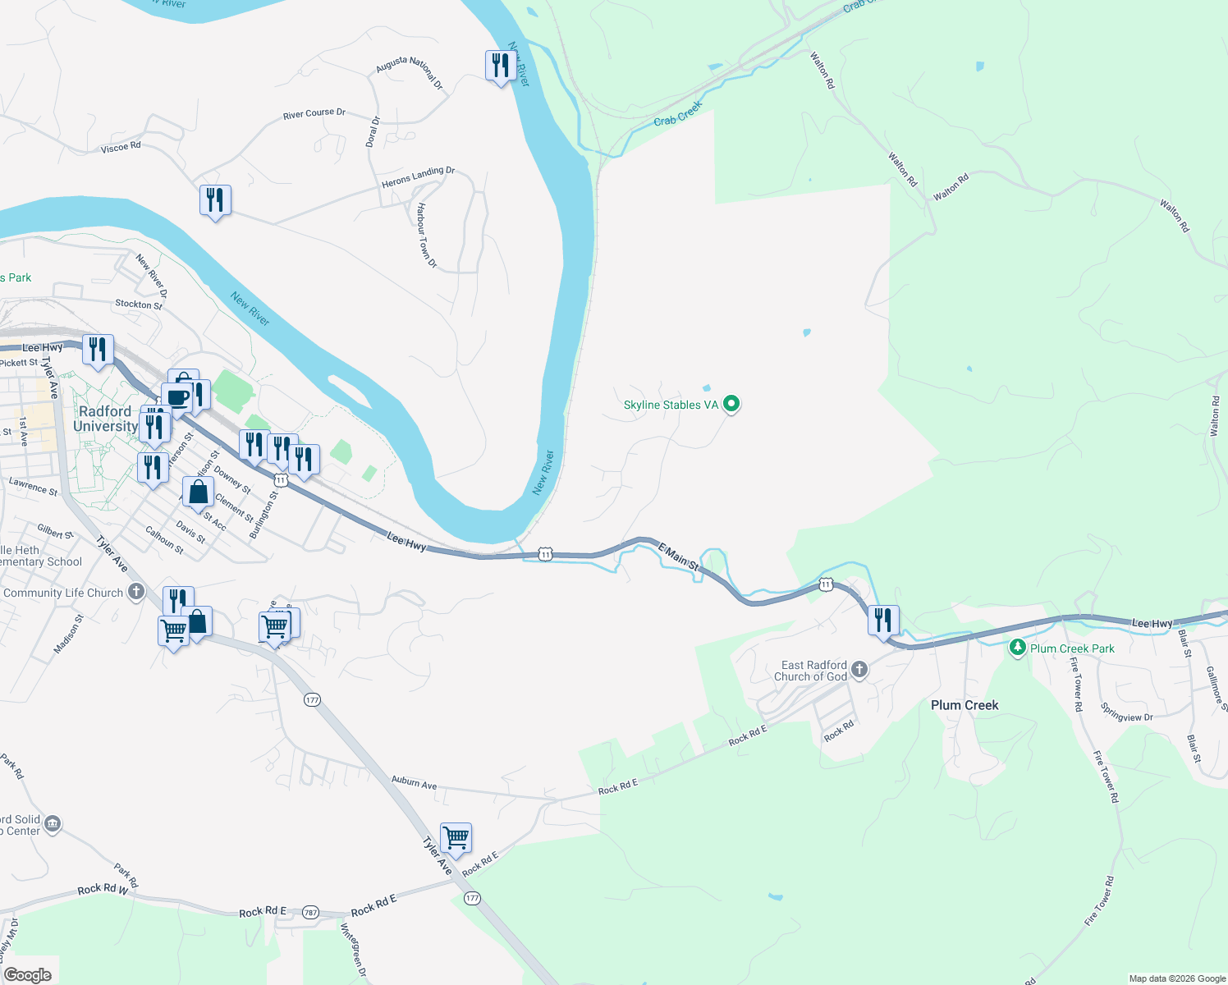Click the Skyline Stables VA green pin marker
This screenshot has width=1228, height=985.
click(x=731, y=404)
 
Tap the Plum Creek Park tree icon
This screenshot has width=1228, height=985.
click(x=1018, y=648)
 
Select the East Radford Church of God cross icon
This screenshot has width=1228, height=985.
click(x=859, y=670)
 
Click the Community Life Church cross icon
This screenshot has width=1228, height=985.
click(x=136, y=592)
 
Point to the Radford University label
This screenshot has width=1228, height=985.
click(x=105, y=419)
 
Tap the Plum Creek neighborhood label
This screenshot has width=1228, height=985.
click(x=965, y=705)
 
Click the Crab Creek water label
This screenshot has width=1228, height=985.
click(x=678, y=114)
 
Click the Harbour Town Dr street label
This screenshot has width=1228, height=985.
click(x=426, y=236)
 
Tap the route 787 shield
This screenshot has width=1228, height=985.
click(x=309, y=912)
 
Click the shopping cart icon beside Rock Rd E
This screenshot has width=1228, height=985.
click(x=456, y=838)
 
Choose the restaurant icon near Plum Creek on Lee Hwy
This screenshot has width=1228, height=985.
click(x=883, y=620)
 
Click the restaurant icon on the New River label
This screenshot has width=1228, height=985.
click(x=501, y=65)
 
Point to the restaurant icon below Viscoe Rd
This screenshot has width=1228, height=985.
click(x=215, y=199)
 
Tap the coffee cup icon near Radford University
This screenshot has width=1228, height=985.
click(x=177, y=398)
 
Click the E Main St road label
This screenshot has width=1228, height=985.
click(x=678, y=556)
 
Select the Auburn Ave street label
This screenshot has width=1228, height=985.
click(x=414, y=782)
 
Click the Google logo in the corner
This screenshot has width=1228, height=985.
click(x=28, y=975)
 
